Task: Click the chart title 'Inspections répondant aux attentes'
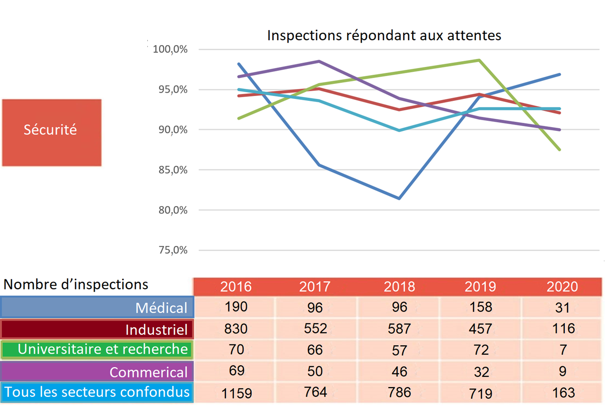coord(384,35)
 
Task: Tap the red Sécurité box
coord(51,130)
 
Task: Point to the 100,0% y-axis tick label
coord(170,49)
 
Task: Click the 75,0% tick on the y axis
coord(170,250)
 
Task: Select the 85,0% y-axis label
coord(170,170)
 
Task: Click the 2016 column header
coord(236,287)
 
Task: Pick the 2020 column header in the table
coord(562,287)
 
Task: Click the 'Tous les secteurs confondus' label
coord(97,392)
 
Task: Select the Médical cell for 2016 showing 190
coord(236,307)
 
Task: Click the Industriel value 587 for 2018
coord(399,328)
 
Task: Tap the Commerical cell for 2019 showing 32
coord(480,371)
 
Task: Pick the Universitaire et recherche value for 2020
coord(562,350)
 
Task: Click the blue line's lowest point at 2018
coord(399,198)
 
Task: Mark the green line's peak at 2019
coord(479,60)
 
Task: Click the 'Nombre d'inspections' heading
coord(76,284)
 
